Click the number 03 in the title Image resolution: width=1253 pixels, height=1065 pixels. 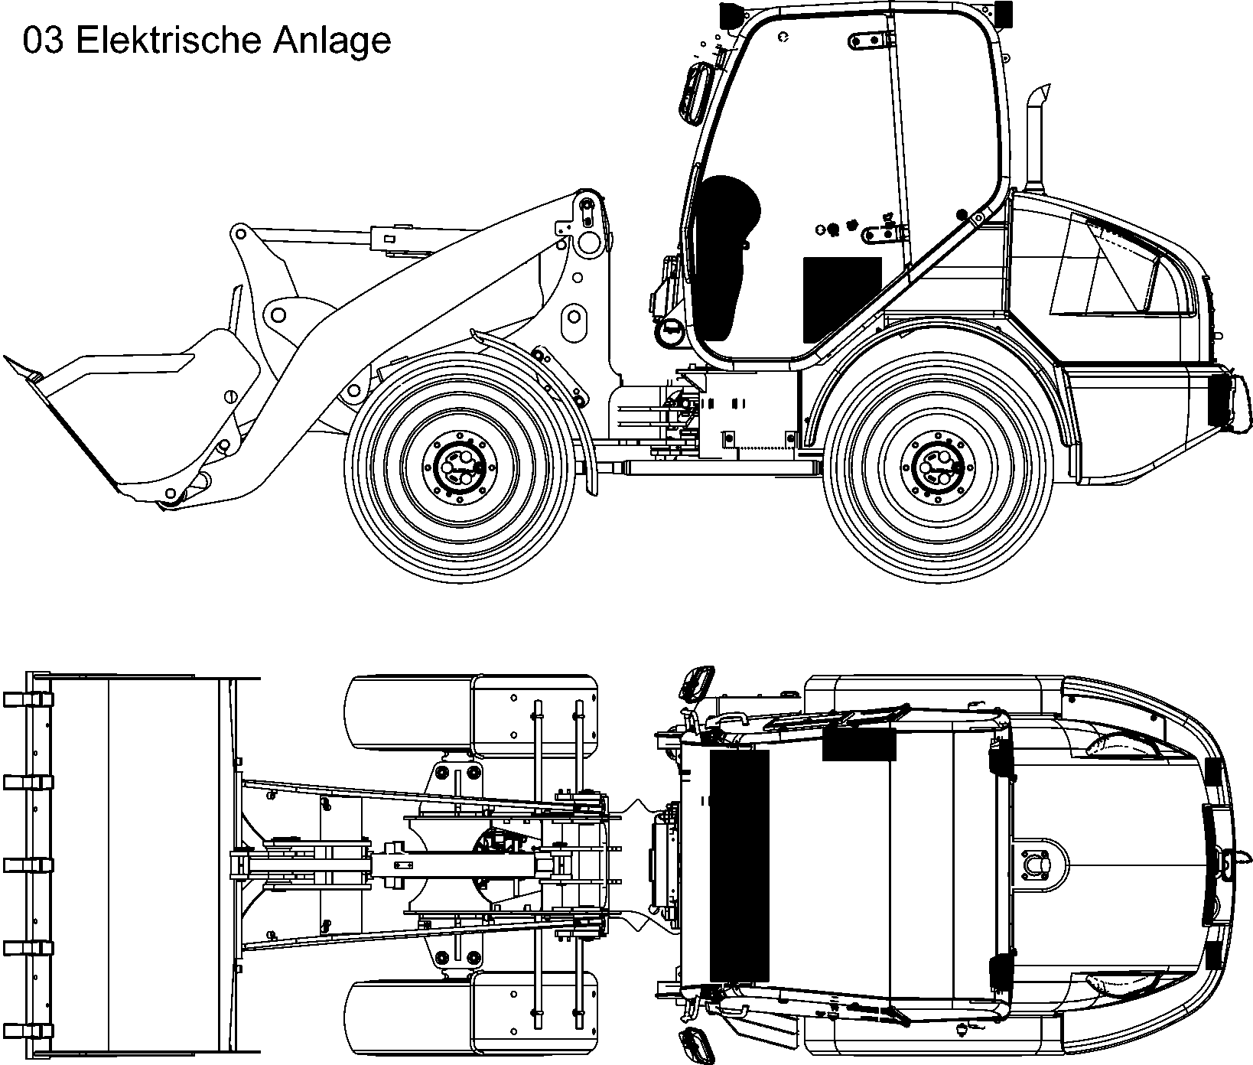click(x=43, y=41)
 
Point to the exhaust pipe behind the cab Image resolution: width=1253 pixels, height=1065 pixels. click(x=1035, y=138)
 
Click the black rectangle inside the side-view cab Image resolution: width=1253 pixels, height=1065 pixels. click(x=841, y=299)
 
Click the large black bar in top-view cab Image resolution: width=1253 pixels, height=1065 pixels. click(x=739, y=865)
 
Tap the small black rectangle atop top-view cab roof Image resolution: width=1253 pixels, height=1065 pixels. click(x=858, y=744)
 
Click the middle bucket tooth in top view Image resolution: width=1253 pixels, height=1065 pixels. click(x=28, y=865)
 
